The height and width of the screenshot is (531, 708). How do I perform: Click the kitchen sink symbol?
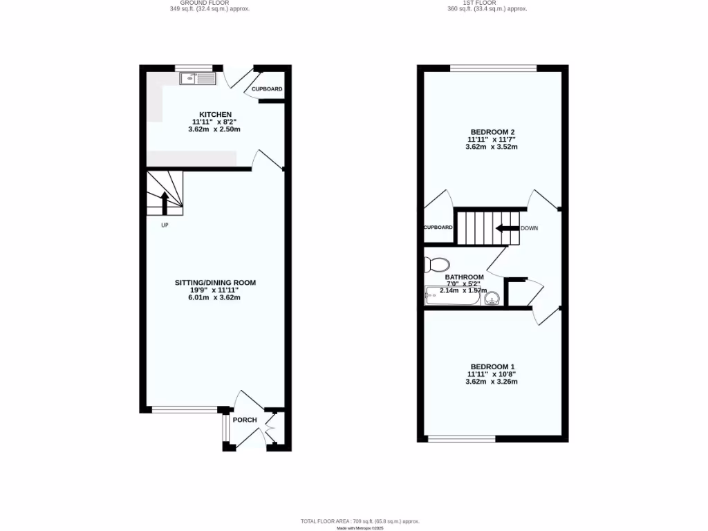(198, 79)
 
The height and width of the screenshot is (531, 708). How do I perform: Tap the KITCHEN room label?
(215, 114)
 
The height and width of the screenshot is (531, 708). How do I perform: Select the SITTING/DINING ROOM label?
(214, 283)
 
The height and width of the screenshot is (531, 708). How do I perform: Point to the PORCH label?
(244, 420)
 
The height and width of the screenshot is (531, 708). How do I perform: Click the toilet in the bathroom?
(437, 263)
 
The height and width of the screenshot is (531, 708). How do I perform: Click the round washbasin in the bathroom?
(492, 298)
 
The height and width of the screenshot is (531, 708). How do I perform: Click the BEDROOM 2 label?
(492, 131)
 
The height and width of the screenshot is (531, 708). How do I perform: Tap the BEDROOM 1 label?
(492, 366)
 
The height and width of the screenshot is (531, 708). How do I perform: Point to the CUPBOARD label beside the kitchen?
(267, 89)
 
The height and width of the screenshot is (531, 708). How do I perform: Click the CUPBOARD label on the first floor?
(438, 227)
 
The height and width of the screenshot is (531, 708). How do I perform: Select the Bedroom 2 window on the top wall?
(493, 68)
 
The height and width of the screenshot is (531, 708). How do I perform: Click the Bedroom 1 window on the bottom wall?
(461, 438)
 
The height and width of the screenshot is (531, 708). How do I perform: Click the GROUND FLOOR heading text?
(209, 2)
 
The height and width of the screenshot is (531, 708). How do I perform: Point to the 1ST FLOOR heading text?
(487, 2)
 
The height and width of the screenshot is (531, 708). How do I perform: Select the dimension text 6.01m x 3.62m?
(214, 297)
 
